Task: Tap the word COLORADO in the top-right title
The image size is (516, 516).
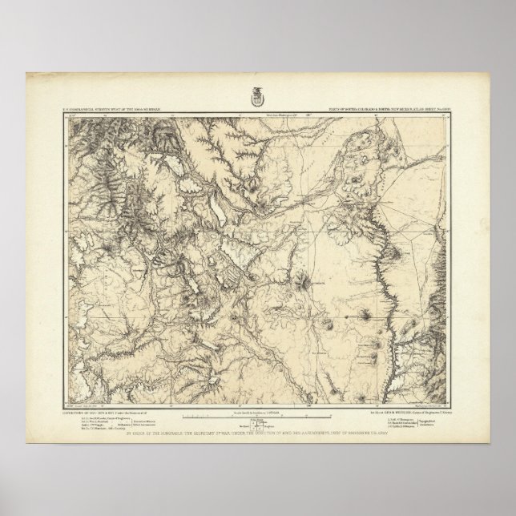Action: click(x=375, y=106)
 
